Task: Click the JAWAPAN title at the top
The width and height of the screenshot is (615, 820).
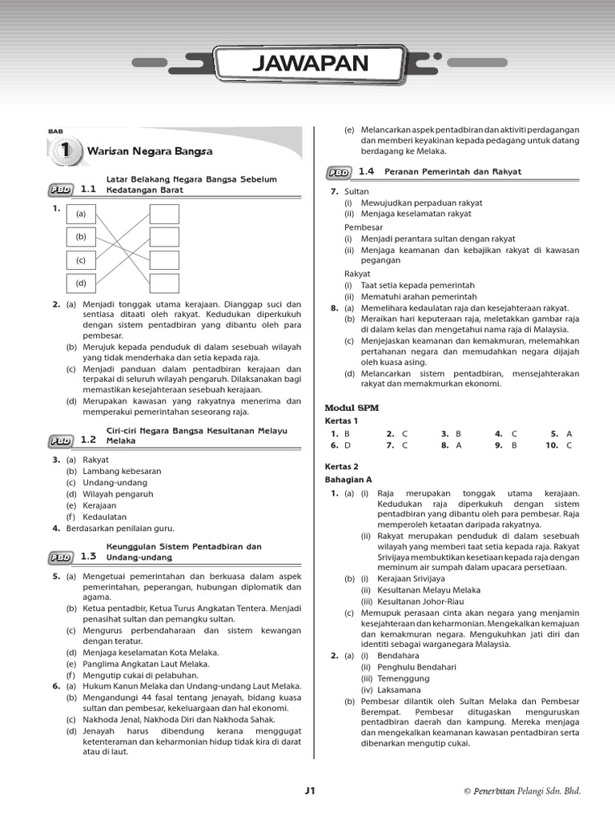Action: point(310,64)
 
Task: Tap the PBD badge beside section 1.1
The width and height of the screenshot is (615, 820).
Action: point(61,190)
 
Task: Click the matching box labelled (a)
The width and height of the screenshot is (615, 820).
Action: point(81,215)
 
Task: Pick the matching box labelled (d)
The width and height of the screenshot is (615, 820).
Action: point(81,283)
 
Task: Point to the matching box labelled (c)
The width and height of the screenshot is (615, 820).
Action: point(81,260)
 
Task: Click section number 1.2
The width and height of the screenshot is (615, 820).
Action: point(88,440)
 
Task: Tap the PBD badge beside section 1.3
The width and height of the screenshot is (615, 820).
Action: point(61,557)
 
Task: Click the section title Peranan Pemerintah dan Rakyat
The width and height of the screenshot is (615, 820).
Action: point(452,171)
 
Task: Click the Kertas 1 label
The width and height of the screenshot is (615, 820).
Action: point(341,420)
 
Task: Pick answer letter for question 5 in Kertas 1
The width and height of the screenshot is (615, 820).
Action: point(569,433)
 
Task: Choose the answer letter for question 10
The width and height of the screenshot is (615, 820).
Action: point(569,445)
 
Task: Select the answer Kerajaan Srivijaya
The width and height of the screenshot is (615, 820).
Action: point(400,578)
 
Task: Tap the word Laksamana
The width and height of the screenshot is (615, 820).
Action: point(387,689)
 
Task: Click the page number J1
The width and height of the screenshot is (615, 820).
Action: point(311,791)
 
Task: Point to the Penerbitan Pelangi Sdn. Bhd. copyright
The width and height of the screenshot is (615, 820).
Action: point(521,791)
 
